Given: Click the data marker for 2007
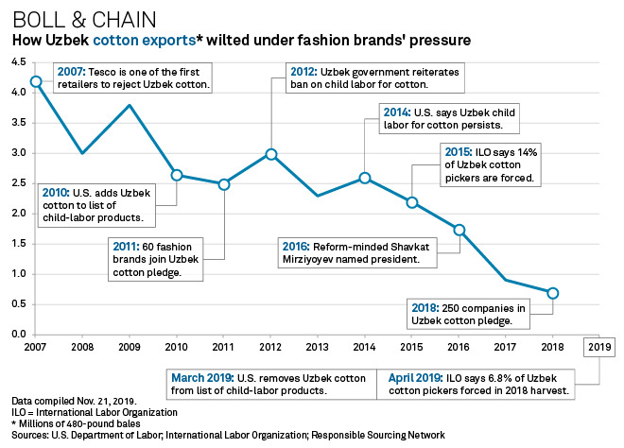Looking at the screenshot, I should click(x=36, y=82).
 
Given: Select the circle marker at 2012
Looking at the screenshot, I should click(x=271, y=154).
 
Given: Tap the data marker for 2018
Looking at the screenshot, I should click(x=553, y=293).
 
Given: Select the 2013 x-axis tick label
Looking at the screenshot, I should click(x=318, y=345).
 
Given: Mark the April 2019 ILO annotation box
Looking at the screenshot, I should click(x=477, y=384).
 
